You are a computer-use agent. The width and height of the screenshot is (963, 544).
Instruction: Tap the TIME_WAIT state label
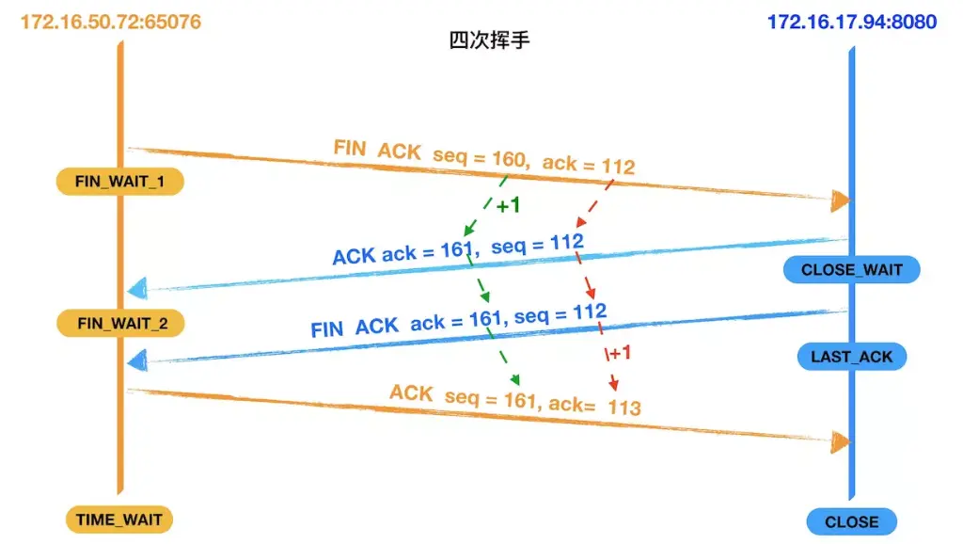click(119, 519)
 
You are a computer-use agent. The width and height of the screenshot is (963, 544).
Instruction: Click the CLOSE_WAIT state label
click(851, 270)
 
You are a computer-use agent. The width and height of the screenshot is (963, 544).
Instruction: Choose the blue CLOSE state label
click(851, 521)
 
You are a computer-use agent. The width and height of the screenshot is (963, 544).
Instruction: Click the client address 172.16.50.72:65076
click(111, 21)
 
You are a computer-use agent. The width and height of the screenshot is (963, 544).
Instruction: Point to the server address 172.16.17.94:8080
click(852, 21)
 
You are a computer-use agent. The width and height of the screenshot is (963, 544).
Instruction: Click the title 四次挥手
click(489, 41)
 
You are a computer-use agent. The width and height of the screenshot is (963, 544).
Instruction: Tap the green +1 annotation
click(508, 205)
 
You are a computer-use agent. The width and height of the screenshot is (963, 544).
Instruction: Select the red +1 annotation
click(620, 353)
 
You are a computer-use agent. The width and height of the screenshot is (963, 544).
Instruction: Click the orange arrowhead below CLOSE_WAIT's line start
click(841, 200)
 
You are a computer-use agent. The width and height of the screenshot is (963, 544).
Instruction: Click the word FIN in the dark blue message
click(326, 329)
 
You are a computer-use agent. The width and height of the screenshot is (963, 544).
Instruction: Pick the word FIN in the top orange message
click(350, 148)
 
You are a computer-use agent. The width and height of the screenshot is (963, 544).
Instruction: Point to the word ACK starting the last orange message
click(411, 392)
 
